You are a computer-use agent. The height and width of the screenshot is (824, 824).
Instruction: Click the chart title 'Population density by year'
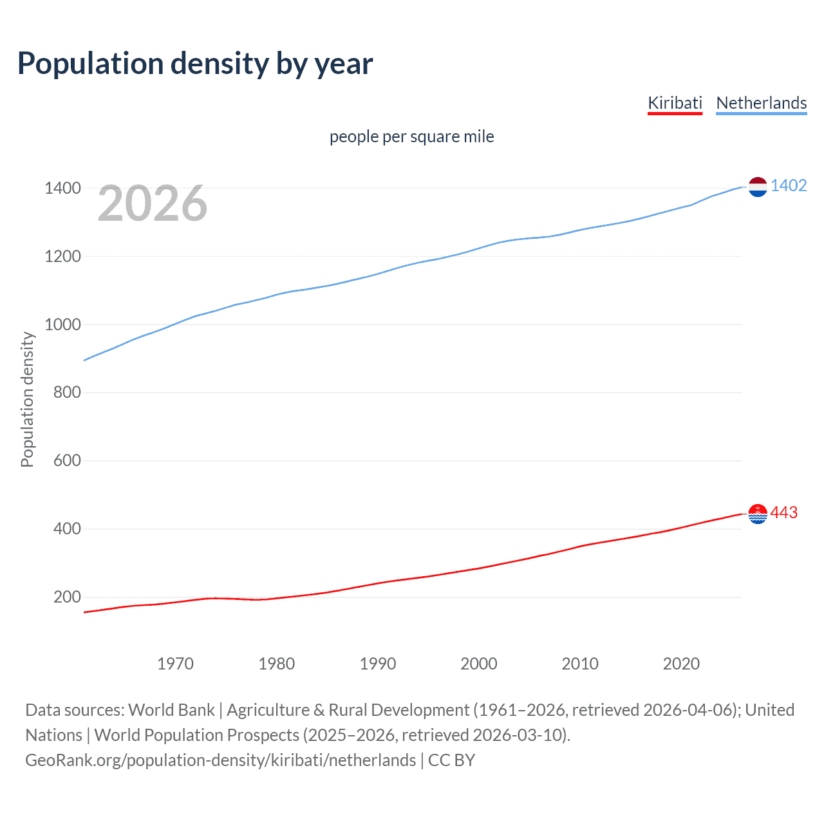click(x=195, y=64)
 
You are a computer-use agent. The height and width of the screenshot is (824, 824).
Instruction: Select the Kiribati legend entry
click(x=675, y=103)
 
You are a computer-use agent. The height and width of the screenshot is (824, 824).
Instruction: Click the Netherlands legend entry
click(x=761, y=103)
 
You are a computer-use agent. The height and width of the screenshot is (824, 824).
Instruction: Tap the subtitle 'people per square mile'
click(x=412, y=136)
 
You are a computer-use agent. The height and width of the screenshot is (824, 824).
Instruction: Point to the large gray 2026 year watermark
click(x=153, y=203)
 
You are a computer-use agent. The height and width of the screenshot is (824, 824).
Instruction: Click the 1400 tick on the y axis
click(x=62, y=189)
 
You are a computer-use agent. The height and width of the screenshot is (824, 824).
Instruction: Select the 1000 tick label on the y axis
click(x=62, y=324)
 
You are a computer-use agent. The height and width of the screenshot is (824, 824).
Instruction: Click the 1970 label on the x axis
click(x=175, y=664)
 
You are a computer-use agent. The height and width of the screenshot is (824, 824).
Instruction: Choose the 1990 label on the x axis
click(x=378, y=664)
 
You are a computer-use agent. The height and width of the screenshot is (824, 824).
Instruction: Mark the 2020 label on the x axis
click(x=681, y=664)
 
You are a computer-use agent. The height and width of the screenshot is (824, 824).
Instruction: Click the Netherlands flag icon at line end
click(x=758, y=187)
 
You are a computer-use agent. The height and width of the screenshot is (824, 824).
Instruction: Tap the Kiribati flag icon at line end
click(x=758, y=514)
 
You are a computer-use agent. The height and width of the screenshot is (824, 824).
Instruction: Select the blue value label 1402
click(x=789, y=186)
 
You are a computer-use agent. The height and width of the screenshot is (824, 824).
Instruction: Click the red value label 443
click(x=784, y=512)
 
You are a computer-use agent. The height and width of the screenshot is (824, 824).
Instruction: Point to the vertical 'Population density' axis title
click(x=27, y=399)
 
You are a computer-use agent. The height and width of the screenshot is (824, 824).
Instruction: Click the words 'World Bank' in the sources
click(x=171, y=710)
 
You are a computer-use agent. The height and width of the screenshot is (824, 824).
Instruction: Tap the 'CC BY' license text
click(x=451, y=760)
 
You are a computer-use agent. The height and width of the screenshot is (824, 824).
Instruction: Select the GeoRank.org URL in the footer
click(x=220, y=760)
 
